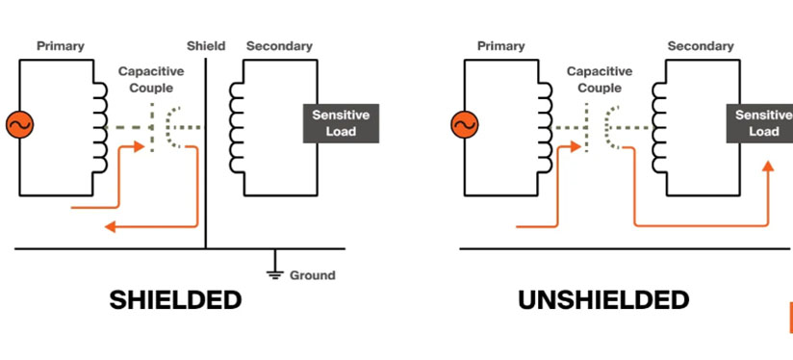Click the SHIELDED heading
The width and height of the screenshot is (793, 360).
(x=174, y=300)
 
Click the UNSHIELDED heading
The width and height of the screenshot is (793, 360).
(x=603, y=300)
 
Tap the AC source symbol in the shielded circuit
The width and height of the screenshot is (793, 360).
(x=17, y=124)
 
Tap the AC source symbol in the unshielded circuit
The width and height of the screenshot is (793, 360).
(x=463, y=124)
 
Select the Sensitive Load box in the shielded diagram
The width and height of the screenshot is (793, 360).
(x=341, y=123)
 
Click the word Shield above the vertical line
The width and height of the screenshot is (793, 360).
(x=206, y=45)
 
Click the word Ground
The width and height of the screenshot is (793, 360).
(x=314, y=275)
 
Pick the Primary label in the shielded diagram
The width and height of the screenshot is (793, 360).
(x=60, y=45)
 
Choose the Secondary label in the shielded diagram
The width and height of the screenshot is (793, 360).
(x=279, y=45)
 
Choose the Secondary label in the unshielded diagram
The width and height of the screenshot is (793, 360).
(x=701, y=45)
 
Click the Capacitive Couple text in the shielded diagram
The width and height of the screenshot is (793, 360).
(x=146, y=79)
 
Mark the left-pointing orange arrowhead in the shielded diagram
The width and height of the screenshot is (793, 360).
(x=111, y=227)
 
